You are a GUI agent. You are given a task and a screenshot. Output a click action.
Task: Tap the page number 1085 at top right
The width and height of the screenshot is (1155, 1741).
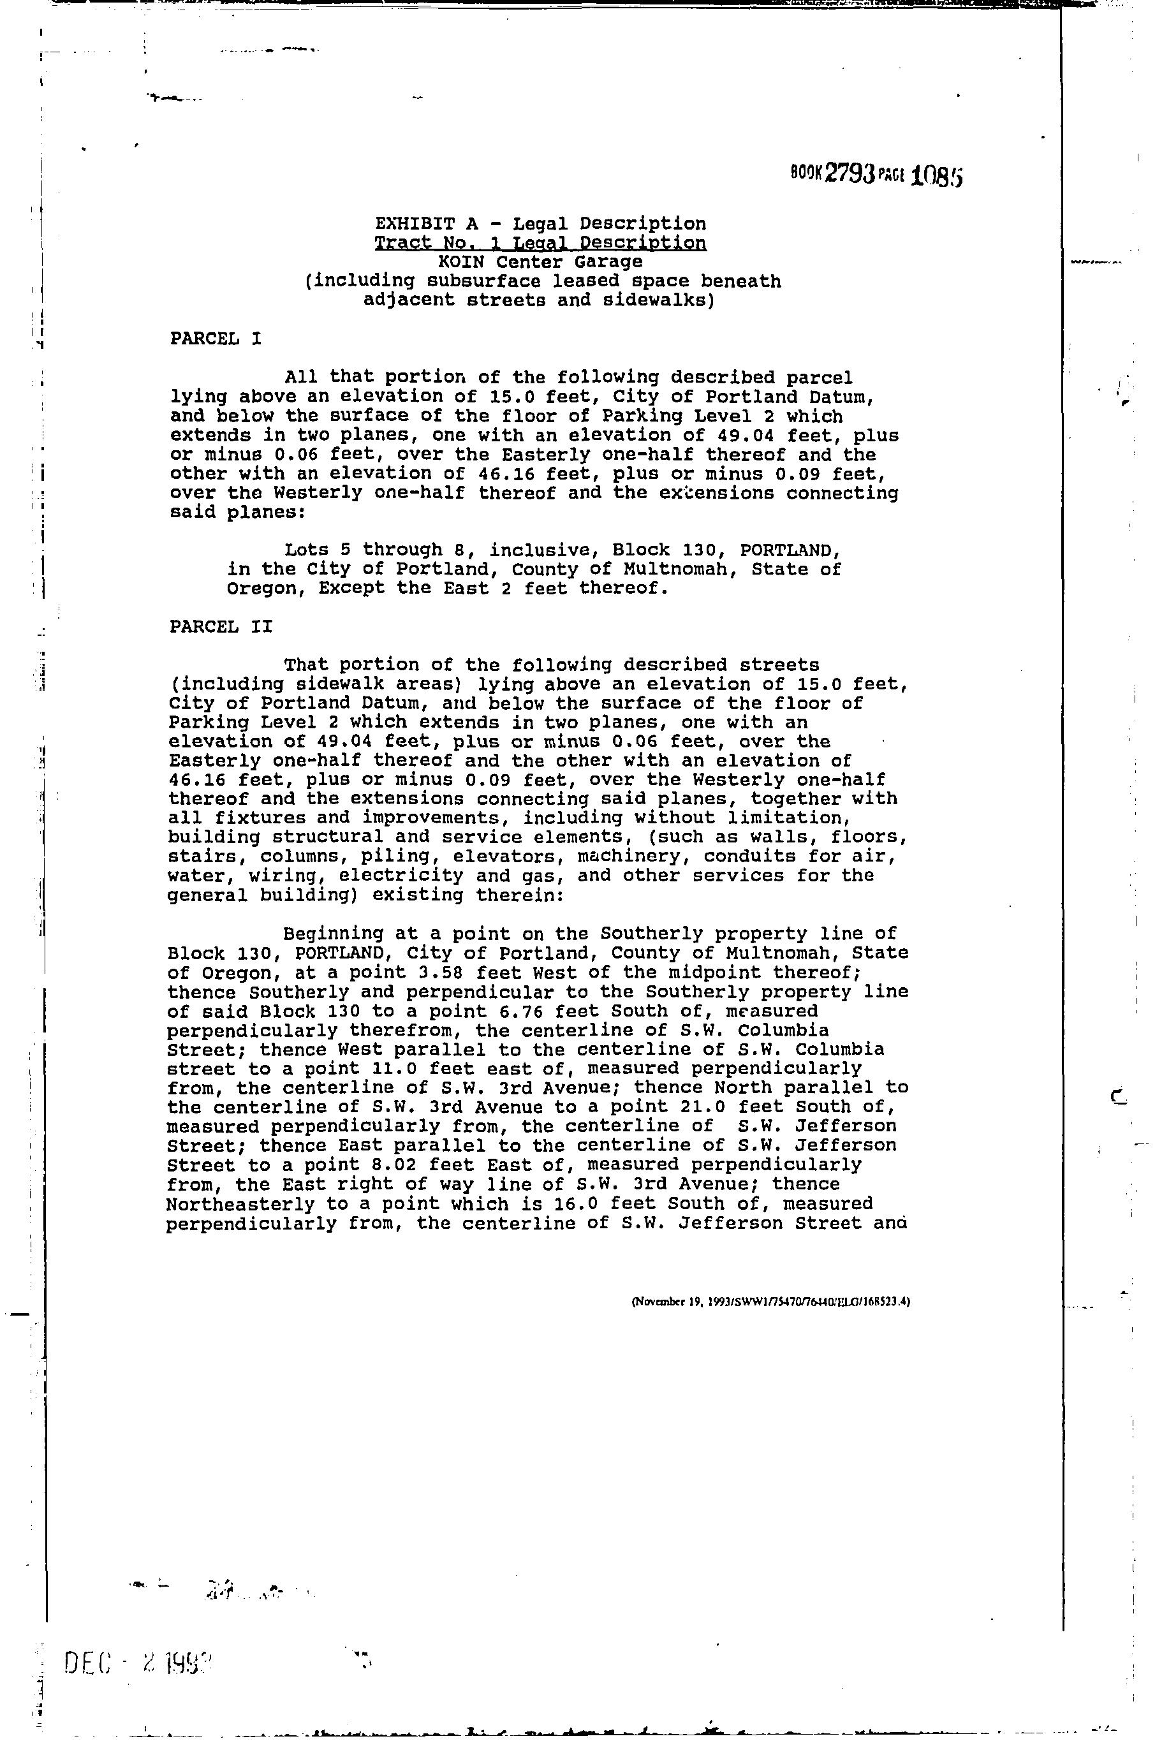(x=937, y=176)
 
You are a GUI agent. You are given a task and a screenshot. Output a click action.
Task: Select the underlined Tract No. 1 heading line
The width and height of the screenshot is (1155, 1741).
(x=540, y=243)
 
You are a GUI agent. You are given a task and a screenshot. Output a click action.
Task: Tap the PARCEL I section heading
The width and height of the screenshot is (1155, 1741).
(x=215, y=339)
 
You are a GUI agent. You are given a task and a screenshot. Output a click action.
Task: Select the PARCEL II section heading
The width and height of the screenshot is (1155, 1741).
(x=220, y=627)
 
